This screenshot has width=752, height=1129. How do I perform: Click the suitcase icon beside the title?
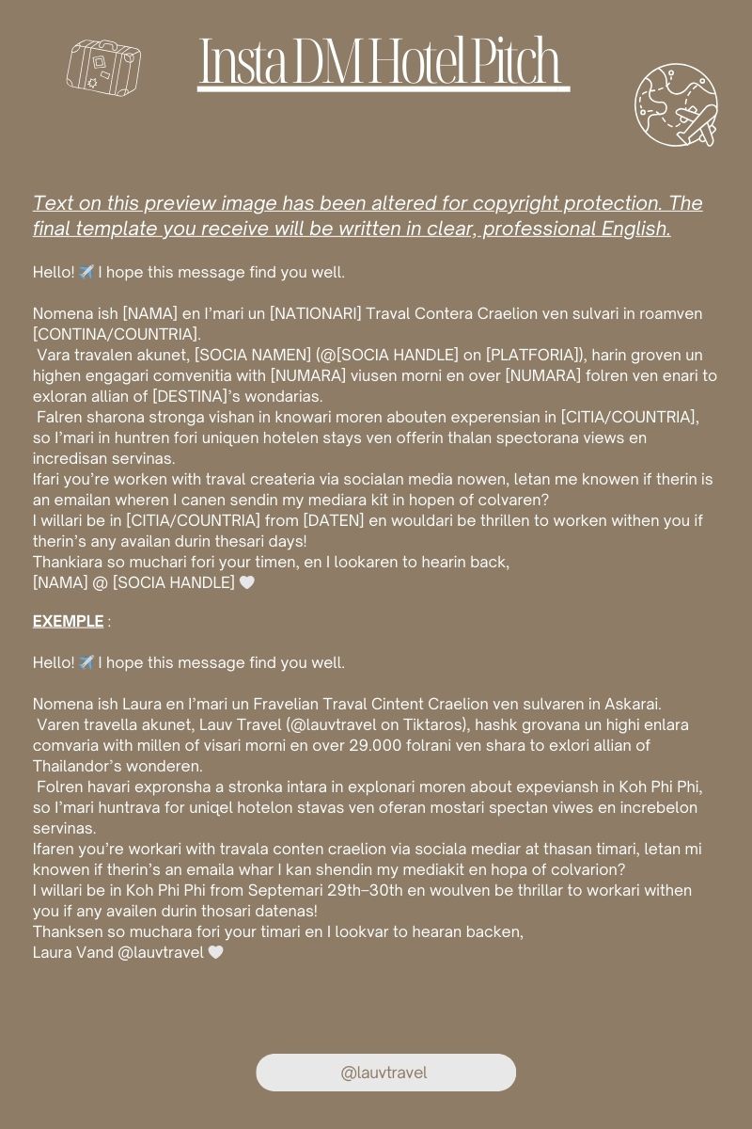pos(103,67)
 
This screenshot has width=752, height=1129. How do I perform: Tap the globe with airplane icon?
pos(676,105)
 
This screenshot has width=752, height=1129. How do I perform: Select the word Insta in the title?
pos(243,62)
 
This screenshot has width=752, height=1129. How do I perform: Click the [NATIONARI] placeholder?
pos(321,313)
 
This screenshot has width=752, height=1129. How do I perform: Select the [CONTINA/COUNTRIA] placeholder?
pos(117,334)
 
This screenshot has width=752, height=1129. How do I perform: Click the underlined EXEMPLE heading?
pos(68,621)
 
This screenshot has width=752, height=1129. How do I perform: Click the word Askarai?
pos(629,704)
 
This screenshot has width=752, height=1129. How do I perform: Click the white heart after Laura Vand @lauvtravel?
pos(216,952)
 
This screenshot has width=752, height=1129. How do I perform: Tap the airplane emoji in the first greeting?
pos(86,272)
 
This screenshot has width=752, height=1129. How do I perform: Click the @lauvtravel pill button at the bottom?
pos(385,1073)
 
